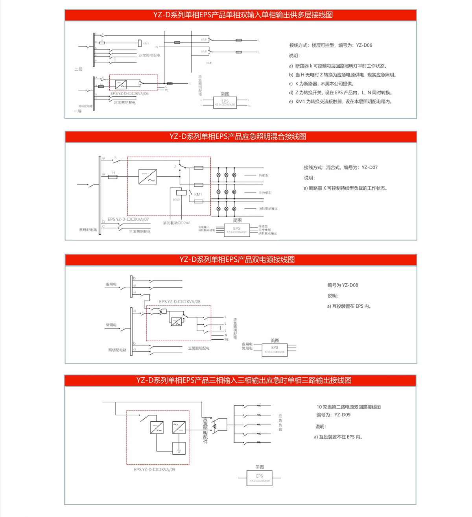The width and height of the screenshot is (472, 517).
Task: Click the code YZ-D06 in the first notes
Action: (364, 45)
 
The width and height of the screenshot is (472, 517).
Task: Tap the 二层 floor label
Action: (78, 69)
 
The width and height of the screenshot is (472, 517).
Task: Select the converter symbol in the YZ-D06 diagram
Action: (121, 85)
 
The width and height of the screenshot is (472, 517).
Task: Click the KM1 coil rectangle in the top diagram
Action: (140, 43)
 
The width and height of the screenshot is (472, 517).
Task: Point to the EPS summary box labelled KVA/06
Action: (225, 103)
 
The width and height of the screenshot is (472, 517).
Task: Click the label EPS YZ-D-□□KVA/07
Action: (128, 220)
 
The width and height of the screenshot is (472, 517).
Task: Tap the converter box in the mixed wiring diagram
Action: (148, 177)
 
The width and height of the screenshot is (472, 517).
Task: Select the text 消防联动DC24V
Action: (177, 223)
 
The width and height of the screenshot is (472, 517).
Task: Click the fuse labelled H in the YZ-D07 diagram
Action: (113, 177)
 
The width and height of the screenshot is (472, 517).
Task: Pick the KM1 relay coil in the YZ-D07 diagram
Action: (181, 193)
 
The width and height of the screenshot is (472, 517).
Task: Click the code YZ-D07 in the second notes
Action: (369, 168)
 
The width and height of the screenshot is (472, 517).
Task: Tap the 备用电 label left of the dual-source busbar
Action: (111, 284)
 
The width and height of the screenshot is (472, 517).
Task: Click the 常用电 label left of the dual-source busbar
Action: (111, 325)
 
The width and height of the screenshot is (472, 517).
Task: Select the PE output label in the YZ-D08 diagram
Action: (226, 340)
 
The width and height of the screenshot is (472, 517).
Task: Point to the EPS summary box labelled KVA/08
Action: (275, 349)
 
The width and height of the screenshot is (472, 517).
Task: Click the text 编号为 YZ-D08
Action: (343, 285)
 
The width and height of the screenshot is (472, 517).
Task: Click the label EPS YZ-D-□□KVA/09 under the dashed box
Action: (154, 469)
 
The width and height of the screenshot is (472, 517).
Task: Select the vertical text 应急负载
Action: (280, 423)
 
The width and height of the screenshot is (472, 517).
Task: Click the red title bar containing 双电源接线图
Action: (241, 260)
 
